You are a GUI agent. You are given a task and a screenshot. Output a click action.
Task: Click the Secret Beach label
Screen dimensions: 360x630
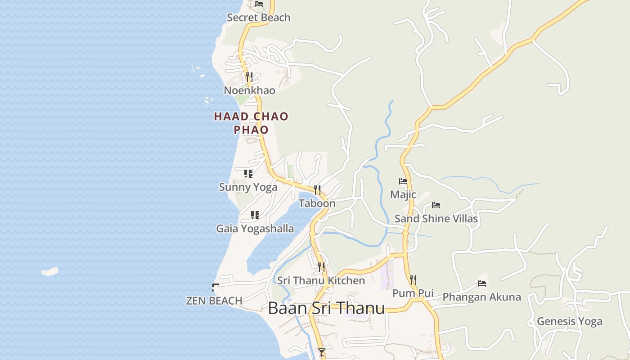(x=258, y=18)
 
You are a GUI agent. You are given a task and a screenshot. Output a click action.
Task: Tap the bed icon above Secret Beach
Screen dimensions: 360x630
(x=259, y=4)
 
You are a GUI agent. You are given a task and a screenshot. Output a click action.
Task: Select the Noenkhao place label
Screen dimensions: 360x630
(x=249, y=90)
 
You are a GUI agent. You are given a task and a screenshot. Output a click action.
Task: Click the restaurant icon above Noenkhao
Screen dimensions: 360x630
(x=249, y=77)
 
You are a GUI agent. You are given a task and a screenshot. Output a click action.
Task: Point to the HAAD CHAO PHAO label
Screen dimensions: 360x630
(x=251, y=123)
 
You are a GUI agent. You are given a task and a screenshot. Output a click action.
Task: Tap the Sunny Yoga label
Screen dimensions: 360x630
(x=248, y=187)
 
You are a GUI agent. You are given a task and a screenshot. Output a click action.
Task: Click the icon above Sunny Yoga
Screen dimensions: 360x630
(x=248, y=173)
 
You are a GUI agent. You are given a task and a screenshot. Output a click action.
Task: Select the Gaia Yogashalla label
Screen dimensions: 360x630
(x=255, y=228)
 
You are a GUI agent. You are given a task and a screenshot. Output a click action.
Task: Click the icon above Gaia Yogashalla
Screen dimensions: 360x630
(x=255, y=215)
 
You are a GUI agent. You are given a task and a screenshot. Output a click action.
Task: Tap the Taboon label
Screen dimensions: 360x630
(x=317, y=203)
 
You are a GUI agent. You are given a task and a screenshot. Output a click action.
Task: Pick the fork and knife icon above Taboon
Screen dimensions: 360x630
(x=317, y=190)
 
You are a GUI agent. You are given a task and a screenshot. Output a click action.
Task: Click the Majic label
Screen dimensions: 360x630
(x=403, y=194)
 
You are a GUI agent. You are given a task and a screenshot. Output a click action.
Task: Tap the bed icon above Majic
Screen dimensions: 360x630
(x=403, y=181)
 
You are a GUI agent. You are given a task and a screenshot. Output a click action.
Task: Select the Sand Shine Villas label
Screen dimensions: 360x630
(x=436, y=218)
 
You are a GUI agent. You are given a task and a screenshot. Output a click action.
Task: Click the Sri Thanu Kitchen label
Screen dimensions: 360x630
(x=321, y=280)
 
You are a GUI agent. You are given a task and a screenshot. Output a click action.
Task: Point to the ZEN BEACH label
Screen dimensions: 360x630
(x=214, y=300)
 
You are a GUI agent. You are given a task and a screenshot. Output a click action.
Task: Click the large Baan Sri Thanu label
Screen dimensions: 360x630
(x=326, y=308)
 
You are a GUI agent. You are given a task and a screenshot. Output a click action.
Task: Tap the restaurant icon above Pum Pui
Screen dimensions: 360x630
(x=413, y=280)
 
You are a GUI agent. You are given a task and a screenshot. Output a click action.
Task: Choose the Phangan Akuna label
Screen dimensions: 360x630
(x=481, y=297)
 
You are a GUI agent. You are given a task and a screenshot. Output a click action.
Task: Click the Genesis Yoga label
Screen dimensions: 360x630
(x=569, y=321)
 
